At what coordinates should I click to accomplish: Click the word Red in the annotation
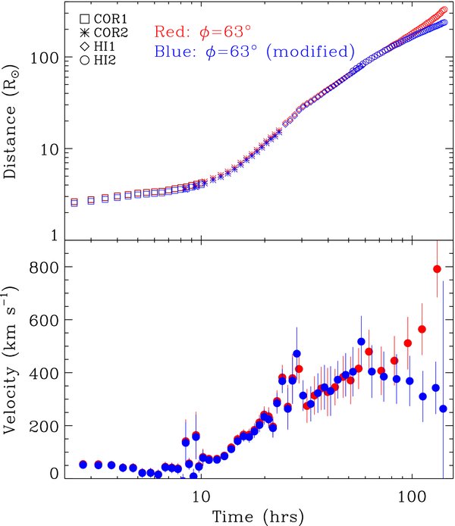coord(168,32)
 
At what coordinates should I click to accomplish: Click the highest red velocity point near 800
coord(437,269)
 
